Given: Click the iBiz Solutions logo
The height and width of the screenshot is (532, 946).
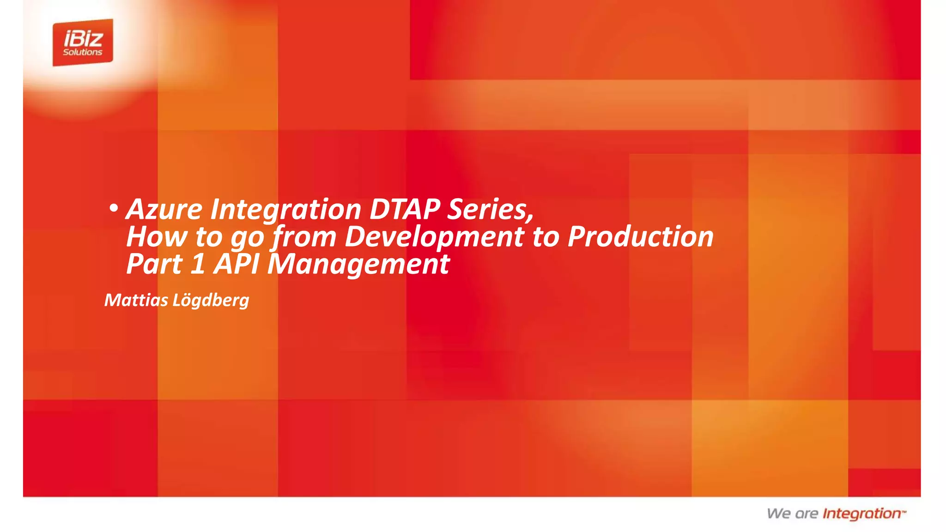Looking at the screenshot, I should point(83,42).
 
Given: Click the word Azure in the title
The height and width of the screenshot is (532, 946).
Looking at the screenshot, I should point(164,209).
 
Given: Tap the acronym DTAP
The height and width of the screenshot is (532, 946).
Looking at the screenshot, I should point(405,209).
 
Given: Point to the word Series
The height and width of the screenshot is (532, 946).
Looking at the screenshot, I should point(490,209).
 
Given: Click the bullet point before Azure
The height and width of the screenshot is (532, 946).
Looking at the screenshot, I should point(113,208).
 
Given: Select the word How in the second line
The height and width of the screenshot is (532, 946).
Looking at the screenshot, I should point(157,236).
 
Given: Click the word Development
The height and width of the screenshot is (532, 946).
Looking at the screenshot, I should point(434,237).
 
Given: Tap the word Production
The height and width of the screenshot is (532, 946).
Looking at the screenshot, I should point(640,236).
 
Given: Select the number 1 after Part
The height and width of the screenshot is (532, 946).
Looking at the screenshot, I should point(198,264).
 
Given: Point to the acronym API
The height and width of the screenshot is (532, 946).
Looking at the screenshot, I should point(236,264).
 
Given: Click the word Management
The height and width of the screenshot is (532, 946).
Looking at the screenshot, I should point(358,265).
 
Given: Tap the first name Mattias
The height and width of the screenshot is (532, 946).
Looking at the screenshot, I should point(136,300).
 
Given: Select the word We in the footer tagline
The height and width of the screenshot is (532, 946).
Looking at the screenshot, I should point(779,514).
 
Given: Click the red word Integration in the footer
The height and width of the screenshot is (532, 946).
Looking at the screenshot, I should point(862,514).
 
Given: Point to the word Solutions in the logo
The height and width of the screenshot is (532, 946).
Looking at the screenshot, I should point(83,52).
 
